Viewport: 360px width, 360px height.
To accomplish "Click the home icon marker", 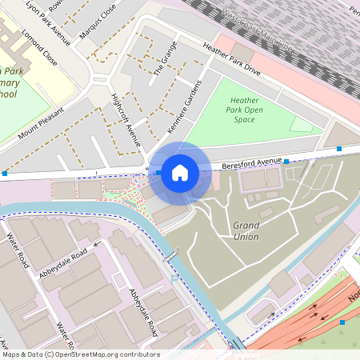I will coord(180,173).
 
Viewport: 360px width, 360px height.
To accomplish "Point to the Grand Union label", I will coord(246,230).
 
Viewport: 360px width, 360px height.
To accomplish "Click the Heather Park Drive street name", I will coord(231,60).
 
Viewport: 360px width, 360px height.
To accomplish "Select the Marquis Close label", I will coord(98,22).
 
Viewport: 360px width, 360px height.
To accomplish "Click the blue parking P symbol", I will coord(174,279).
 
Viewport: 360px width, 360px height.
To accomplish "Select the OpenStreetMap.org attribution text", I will coord(80,354).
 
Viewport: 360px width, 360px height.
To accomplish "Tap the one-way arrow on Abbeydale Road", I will coord(98,246).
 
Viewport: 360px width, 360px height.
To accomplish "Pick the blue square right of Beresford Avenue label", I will coord(286,161).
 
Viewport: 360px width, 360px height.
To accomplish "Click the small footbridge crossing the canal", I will coord(170,256).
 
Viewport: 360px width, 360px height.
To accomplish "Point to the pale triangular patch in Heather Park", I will coord(302,124).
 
